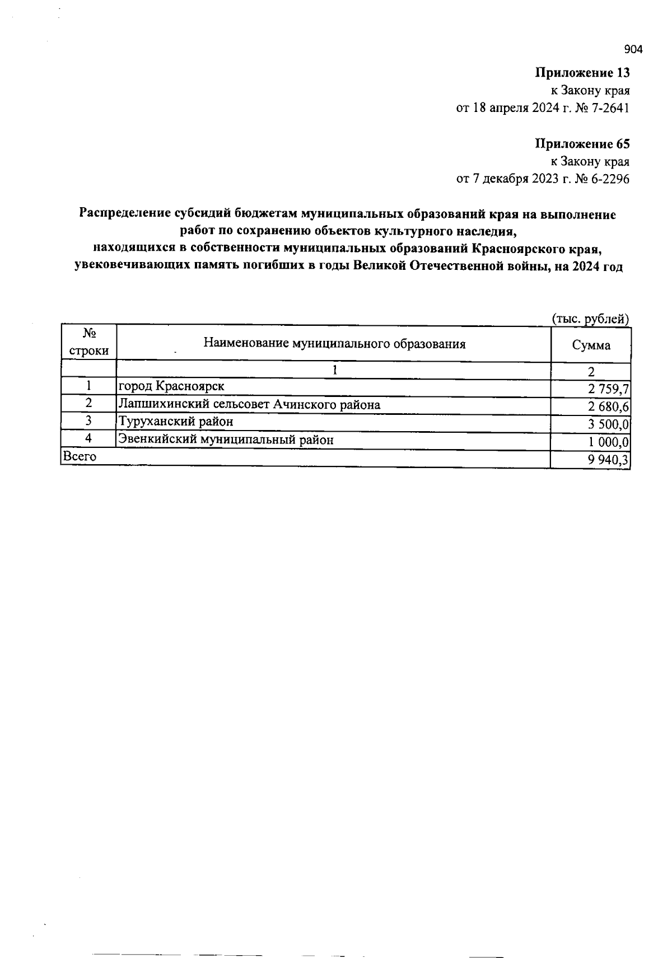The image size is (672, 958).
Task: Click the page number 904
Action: pyautogui.click(x=633, y=50)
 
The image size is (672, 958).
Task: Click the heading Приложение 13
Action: pyautogui.click(x=582, y=73)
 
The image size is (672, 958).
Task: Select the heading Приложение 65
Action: pyautogui.click(x=582, y=144)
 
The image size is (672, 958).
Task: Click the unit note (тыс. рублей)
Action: pyautogui.click(x=591, y=319)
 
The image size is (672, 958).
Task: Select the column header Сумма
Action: pyautogui.click(x=591, y=345)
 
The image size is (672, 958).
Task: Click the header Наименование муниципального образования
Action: pyautogui.click(x=334, y=343)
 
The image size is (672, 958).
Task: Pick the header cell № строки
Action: pyautogui.click(x=88, y=343)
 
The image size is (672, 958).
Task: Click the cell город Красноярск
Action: pyautogui.click(x=171, y=386)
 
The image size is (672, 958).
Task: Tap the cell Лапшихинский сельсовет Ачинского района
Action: pyautogui.click(x=249, y=404)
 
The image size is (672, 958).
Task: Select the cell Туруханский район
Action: pyautogui.click(x=175, y=421)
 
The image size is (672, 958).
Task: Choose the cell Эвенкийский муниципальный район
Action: pyautogui.click(x=226, y=440)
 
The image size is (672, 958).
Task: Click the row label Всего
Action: pyautogui.click(x=80, y=456)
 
